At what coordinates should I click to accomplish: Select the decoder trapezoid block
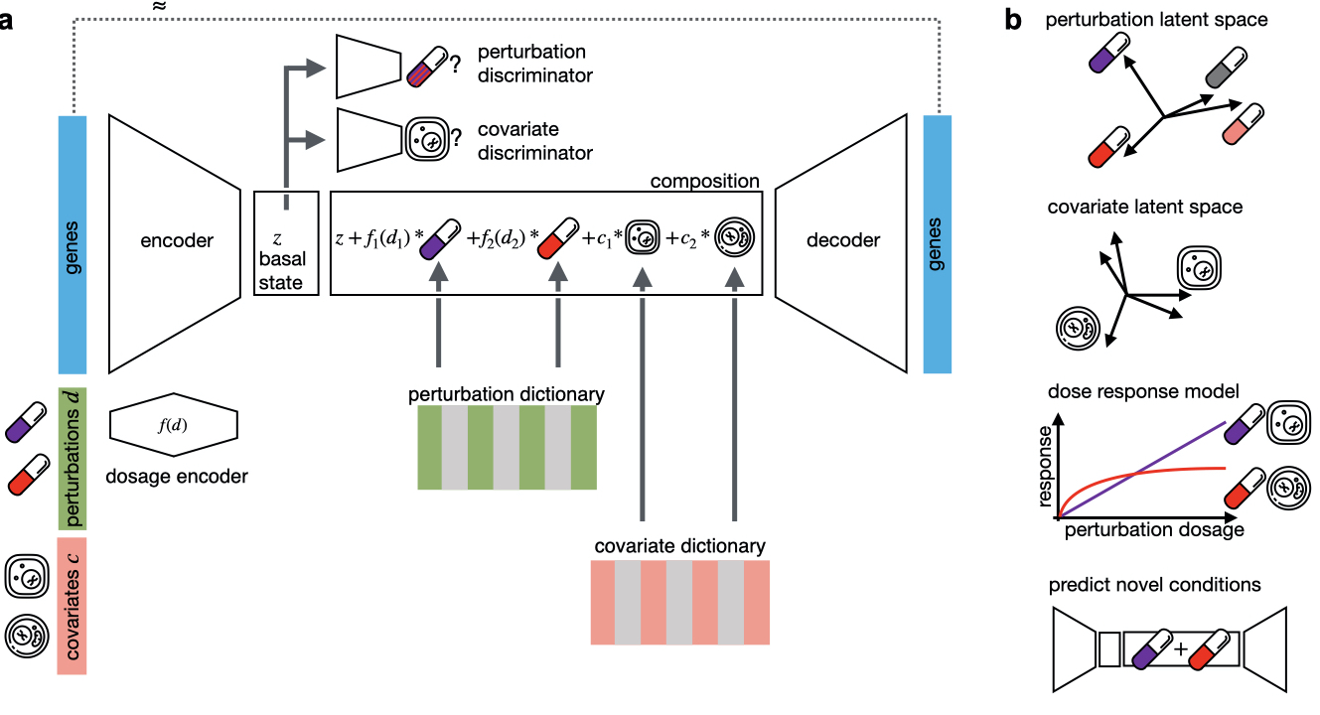point(841,241)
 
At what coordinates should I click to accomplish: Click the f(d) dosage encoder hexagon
point(173,427)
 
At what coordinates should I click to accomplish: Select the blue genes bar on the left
point(74,244)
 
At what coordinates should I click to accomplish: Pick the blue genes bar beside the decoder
point(938,244)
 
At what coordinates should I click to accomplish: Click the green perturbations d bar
point(74,457)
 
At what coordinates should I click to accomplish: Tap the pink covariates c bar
point(74,606)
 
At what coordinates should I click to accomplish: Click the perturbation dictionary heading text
point(507,394)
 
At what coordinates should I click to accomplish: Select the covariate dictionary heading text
point(679,546)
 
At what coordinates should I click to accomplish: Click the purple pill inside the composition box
point(438,241)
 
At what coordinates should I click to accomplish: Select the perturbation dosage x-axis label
point(1154,530)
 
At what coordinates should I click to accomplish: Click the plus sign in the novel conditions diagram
point(1180,648)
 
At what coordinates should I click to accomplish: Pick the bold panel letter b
point(1014,21)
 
